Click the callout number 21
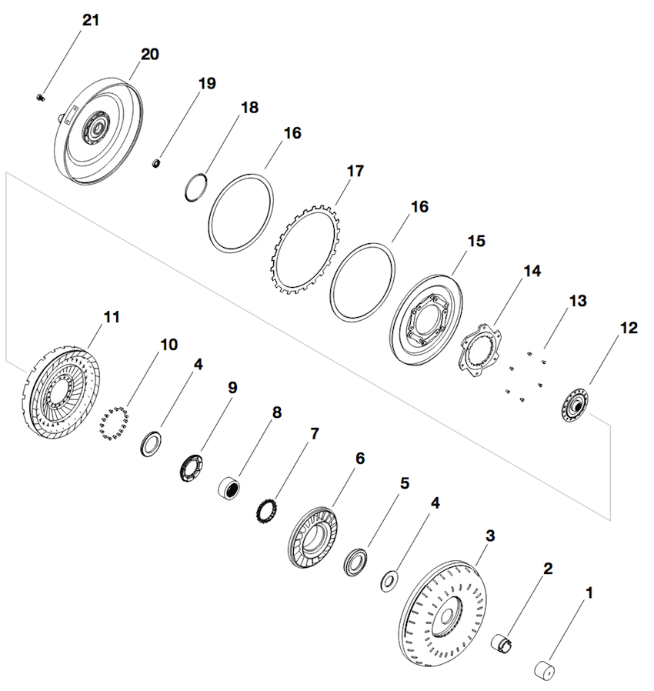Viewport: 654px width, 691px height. (91, 21)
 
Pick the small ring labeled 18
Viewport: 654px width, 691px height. (199, 187)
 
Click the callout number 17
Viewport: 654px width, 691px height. (354, 170)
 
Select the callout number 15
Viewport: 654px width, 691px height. (476, 241)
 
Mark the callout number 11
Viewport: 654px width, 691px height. (112, 316)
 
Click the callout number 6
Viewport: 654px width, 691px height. (359, 458)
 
